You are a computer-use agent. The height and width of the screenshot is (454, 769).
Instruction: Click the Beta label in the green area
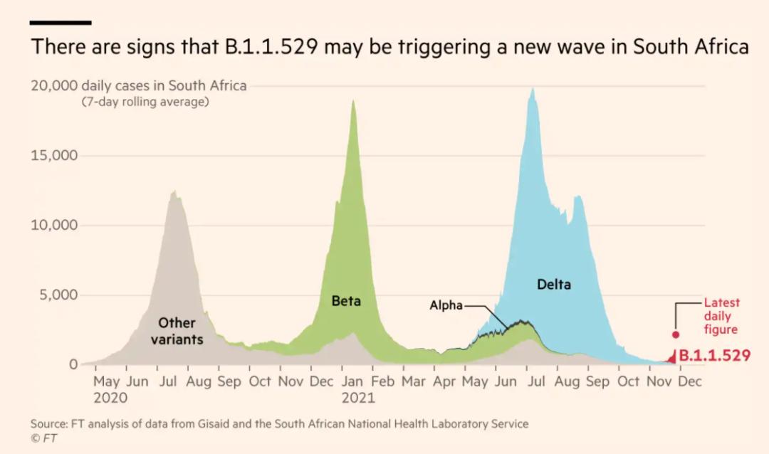(x=346, y=301)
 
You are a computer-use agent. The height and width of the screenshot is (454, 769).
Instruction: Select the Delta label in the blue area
(x=553, y=285)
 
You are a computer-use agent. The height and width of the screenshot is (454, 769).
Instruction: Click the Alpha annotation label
(x=446, y=306)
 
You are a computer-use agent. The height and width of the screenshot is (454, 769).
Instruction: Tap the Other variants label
(x=177, y=332)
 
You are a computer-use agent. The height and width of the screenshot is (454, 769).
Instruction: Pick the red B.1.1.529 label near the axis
(x=714, y=355)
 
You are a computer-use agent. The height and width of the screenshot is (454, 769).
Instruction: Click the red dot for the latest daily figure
(x=676, y=334)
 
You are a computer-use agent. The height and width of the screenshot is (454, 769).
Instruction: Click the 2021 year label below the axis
(x=357, y=398)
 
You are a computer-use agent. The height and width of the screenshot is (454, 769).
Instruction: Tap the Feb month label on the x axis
(x=382, y=382)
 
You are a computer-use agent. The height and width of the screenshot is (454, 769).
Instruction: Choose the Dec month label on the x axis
(x=689, y=382)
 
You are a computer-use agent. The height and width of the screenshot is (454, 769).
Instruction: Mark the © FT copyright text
(x=43, y=438)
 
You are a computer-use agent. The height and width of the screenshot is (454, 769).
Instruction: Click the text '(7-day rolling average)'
(x=145, y=102)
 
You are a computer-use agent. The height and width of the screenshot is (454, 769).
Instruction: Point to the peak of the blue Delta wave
(x=532, y=89)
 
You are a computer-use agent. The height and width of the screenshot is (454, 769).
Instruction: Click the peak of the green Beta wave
(x=353, y=101)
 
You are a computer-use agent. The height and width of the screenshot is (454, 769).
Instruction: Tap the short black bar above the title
(x=61, y=23)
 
